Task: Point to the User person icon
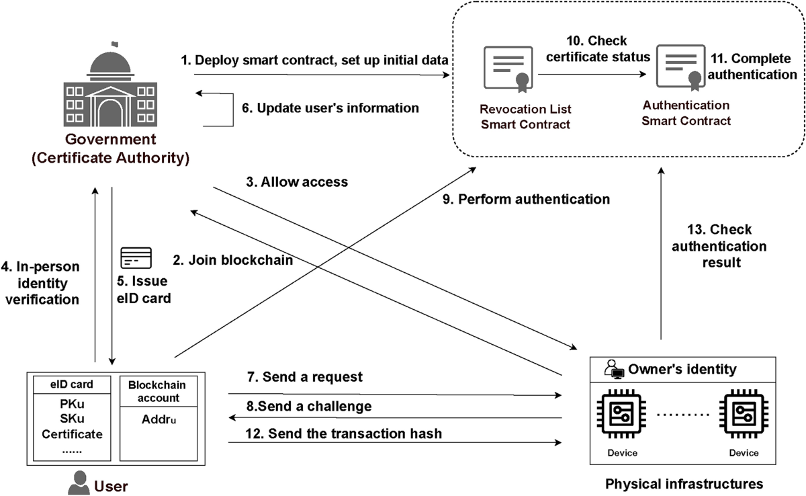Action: [x=80, y=482]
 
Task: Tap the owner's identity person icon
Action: [x=613, y=368]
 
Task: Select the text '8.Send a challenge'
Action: [x=308, y=407]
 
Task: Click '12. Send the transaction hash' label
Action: [x=345, y=433]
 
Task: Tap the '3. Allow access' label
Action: [x=296, y=181]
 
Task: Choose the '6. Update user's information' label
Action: [x=330, y=108]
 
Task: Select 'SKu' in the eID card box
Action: [x=72, y=419]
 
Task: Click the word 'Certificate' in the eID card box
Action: [x=72, y=434]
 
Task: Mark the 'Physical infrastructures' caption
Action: [x=684, y=483]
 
